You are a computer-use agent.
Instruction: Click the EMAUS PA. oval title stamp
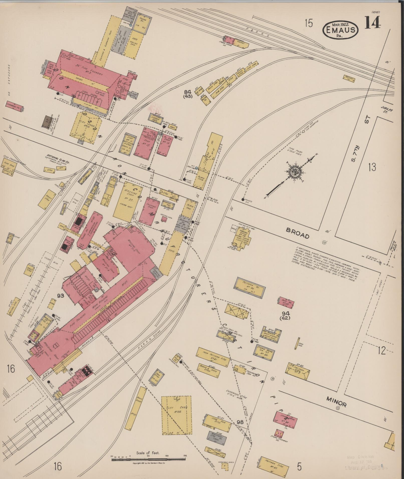coord(340,29)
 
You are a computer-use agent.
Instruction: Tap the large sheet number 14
coord(373,23)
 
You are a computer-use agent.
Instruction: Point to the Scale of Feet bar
coord(149,459)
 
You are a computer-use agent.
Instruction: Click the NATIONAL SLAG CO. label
coord(58,163)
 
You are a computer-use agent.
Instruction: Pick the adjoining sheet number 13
coord(372,167)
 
